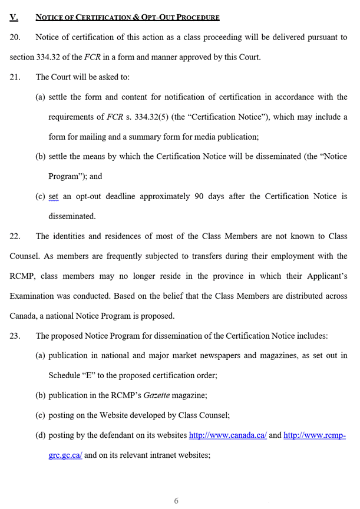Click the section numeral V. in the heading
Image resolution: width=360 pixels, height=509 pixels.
point(14,17)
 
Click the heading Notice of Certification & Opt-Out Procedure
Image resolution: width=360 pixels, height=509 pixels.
point(127,17)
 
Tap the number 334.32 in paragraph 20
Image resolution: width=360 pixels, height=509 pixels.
point(54,57)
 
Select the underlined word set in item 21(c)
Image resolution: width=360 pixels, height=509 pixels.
point(54,196)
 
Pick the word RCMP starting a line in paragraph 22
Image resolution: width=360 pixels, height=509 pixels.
point(22,276)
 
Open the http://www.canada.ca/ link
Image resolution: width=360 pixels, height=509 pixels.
point(227,435)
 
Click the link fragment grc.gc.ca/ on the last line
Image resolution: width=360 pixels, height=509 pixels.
point(65,455)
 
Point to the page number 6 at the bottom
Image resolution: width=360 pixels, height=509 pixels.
point(176,501)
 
